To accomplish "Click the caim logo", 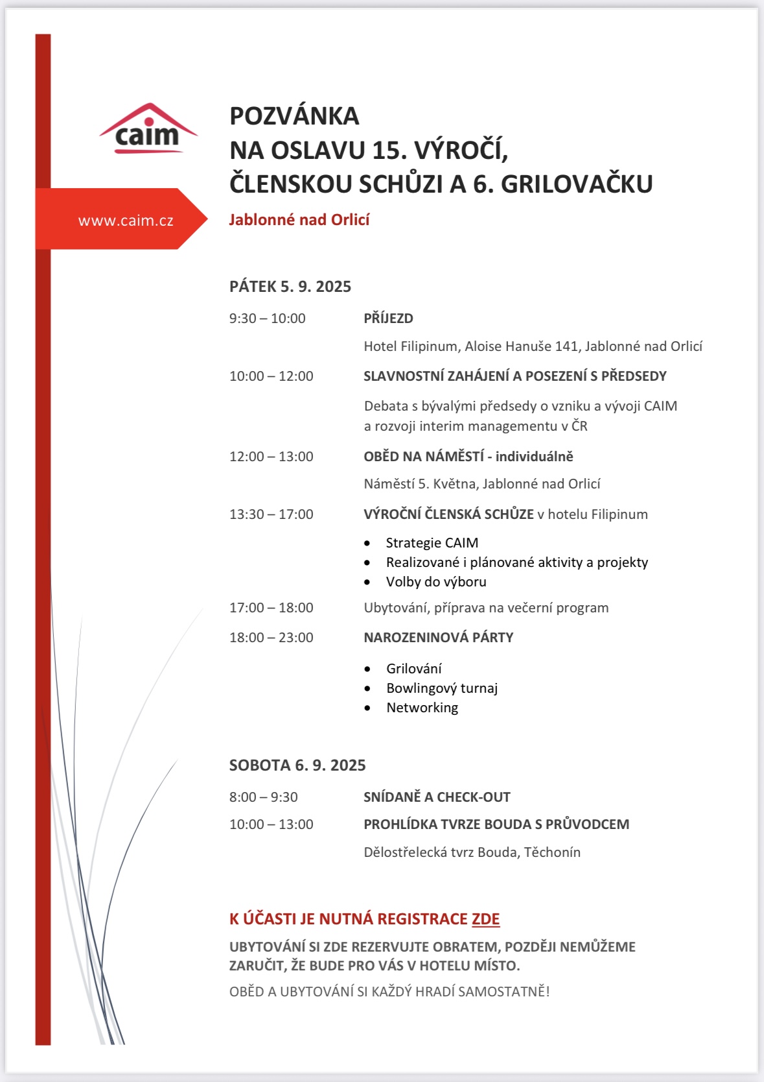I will (x=148, y=129).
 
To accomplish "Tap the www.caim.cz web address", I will (x=126, y=221).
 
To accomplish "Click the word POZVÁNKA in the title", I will (x=294, y=116).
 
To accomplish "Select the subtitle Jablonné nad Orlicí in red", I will (x=299, y=220).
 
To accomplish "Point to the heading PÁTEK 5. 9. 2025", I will (x=290, y=287).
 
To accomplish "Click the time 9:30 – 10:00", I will (x=267, y=319).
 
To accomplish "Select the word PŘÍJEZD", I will (x=388, y=319).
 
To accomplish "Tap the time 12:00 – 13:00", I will (x=271, y=457).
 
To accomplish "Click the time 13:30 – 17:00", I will (x=271, y=514).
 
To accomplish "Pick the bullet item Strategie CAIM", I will (x=432, y=543).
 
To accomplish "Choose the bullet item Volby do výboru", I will (x=436, y=582).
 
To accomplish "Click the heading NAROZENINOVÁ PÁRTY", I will (x=438, y=638).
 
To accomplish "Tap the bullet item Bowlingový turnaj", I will (x=442, y=688).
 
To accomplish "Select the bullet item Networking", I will (x=422, y=708).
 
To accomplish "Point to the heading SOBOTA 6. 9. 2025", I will (x=297, y=765).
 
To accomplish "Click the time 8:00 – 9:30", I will (x=263, y=797).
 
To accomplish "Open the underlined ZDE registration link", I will (x=485, y=919).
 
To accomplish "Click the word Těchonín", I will (x=552, y=852).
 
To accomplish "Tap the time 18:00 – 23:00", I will (x=271, y=638).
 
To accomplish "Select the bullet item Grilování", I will (x=414, y=669).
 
